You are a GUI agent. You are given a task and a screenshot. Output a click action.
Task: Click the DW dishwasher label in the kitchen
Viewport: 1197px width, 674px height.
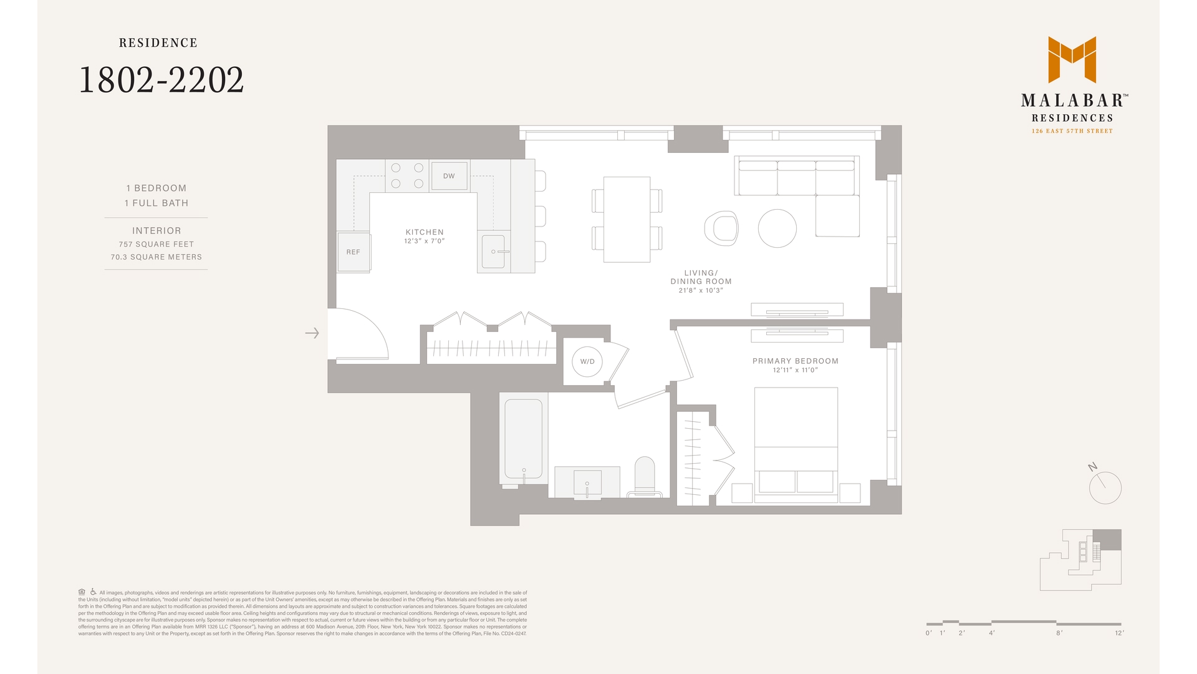click(449, 176)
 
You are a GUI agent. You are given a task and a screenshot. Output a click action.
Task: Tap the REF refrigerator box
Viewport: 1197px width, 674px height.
click(353, 252)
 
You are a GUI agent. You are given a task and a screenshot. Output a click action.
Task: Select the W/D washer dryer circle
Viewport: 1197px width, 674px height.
click(587, 361)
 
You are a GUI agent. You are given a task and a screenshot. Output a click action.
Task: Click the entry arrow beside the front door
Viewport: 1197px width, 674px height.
click(312, 333)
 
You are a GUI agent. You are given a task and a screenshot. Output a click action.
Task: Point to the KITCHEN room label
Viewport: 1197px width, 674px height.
click(425, 232)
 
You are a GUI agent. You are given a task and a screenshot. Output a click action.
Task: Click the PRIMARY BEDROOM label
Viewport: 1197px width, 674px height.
click(795, 361)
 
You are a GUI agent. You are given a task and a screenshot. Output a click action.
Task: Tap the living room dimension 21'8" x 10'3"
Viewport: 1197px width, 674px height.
click(701, 291)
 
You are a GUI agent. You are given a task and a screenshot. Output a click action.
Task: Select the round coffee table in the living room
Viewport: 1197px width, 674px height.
click(777, 228)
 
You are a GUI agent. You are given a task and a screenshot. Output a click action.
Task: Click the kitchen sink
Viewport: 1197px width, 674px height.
click(493, 251)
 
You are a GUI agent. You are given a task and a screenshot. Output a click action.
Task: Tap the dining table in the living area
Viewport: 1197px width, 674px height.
click(627, 219)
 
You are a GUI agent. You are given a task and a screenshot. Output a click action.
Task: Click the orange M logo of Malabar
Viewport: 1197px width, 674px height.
click(1072, 59)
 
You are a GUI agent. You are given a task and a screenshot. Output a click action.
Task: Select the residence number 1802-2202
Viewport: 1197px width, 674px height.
click(161, 81)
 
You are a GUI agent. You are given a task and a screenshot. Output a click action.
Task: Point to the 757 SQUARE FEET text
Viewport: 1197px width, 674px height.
click(156, 245)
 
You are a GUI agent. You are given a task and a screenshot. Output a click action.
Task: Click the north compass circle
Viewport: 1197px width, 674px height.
click(1105, 488)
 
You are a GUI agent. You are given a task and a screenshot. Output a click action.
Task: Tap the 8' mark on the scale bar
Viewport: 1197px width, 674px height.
click(1059, 633)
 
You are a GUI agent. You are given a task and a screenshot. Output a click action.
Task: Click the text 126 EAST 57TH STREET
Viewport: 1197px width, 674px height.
click(1072, 131)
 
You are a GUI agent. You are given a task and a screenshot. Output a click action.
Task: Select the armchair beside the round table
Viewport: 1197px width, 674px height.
click(722, 228)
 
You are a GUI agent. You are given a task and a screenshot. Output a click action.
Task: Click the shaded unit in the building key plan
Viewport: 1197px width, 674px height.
click(1107, 539)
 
